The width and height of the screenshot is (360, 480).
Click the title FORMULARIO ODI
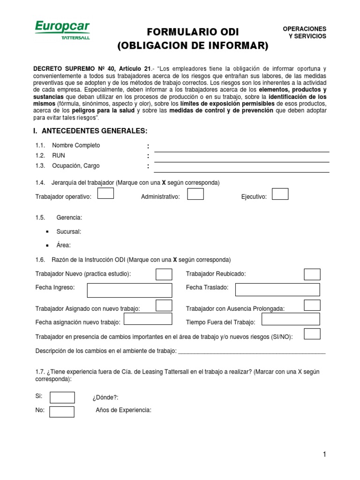tap(193, 32)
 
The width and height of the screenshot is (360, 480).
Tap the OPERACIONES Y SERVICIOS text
tap(304, 32)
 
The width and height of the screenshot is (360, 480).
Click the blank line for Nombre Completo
tap(241, 149)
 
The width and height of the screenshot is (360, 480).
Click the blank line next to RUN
tap(241, 159)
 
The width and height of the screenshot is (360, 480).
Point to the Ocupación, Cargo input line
tap(241, 170)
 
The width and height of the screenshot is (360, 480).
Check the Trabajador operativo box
tap(105, 194)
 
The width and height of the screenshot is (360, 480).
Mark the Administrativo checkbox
tap(195, 194)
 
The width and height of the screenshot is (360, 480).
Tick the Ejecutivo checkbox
tap(280, 194)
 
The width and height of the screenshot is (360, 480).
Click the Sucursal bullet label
tap(68, 232)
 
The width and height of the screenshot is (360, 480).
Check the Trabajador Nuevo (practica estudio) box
tap(164, 274)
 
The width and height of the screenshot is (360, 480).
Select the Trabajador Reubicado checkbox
tap(312, 274)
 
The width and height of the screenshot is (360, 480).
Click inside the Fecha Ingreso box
tap(129, 290)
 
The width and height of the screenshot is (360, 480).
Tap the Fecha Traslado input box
tap(277, 290)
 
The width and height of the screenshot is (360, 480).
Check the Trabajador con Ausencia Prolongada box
tap(312, 305)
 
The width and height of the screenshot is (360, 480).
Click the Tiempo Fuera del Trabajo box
tap(290, 319)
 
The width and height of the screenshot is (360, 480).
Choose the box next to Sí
tap(62, 397)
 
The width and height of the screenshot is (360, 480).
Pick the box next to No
tap(62, 412)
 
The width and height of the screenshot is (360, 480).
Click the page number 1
tap(324, 454)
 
